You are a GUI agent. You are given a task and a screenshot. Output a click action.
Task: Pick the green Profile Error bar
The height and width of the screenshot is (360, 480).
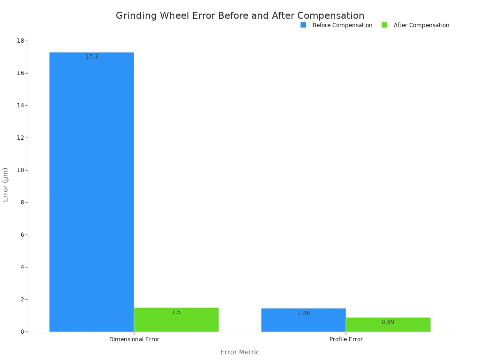pos(388,326)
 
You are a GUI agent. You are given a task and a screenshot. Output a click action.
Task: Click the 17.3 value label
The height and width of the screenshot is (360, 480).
pos(92,57)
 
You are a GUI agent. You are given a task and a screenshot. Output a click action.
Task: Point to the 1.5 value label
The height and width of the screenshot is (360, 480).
pos(176,312)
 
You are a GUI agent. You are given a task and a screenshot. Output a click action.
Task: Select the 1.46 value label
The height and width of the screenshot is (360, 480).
pos(303,313)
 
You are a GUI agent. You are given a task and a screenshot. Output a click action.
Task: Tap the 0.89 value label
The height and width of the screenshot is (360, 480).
pos(388,322)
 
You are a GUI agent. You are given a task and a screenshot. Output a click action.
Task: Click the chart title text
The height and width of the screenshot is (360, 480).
pos(240,15)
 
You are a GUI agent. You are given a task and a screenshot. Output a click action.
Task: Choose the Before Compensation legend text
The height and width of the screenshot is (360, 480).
pos(342,25)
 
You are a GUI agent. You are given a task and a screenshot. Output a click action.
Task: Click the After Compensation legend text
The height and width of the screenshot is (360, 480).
pos(421,25)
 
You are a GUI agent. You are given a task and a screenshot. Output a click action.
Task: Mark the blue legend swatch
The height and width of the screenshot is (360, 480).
pos(303,25)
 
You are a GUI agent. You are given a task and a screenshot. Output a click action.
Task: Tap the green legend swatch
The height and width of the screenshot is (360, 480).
pos(384,25)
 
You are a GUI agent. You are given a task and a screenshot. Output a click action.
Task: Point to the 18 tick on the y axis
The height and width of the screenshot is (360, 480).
pos(21,41)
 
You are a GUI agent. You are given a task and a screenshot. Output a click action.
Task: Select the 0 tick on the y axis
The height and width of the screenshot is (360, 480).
pos(22,332)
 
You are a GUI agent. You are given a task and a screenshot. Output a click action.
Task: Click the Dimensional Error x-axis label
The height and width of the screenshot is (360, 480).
pos(134,339)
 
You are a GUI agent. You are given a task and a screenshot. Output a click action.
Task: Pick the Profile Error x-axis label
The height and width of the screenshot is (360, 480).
pos(346,339)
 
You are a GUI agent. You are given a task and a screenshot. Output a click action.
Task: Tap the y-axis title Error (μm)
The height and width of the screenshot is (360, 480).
pos(6,185)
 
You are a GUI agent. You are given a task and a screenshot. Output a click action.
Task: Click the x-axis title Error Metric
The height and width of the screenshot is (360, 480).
pos(240,352)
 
